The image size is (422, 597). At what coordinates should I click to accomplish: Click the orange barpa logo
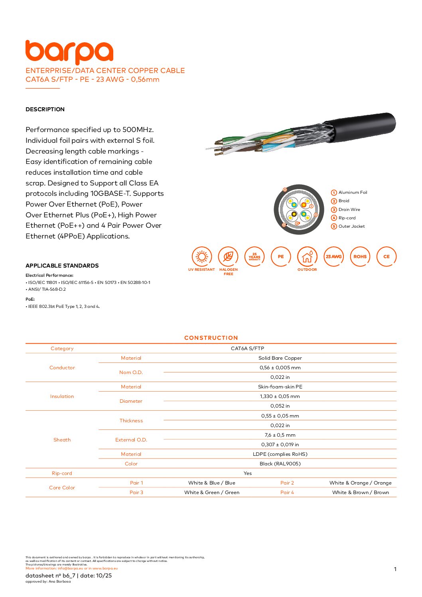pyautogui.click(x=69, y=52)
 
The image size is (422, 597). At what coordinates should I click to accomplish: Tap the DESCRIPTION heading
pyautogui.click(x=45, y=109)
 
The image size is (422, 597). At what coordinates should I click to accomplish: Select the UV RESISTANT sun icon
pyautogui.click(x=202, y=256)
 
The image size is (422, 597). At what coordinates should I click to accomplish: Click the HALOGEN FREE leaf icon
pyautogui.click(x=228, y=256)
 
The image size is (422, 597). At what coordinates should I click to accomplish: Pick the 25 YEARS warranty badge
pyautogui.click(x=254, y=256)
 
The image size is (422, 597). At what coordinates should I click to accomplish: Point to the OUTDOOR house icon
pyautogui.click(x=307, y=256)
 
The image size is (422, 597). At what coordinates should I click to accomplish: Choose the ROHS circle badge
pyautogui.click(x=360, y=256)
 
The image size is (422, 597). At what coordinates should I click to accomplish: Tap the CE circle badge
pyautogui.click(x=386, y=256)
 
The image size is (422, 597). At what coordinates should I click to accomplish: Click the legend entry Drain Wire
pyautogui.click(x=349, y=209)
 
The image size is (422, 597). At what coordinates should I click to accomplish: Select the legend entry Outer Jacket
pyautogui.click(x=351, y=226)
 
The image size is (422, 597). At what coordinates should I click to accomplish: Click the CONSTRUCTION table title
pyautogui.click(x=211, y=338)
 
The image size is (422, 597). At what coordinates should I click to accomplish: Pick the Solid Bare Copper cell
pyautogui.click(x=280, y=358)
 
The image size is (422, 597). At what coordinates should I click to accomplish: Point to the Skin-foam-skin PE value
pyautogui.click(x=280, y=387)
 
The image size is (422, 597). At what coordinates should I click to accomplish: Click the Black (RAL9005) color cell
pyautogui.click(x=280, y=464)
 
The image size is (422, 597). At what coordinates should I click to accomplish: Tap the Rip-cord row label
pyautogui.click(x=62, y=473)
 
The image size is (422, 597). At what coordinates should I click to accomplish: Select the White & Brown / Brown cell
pyautogui.click(x=361, y=493)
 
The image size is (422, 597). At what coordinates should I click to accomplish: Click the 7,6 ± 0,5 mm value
pyautogui.click(x=280, y=435)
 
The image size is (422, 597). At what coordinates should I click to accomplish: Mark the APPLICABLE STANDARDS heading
pyautogui.click(x=62, y=266)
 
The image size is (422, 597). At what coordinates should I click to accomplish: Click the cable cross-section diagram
pyautogui.click(x=299, y=209)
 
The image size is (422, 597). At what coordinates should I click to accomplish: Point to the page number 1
pyautogui.click(x=395, y=569)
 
